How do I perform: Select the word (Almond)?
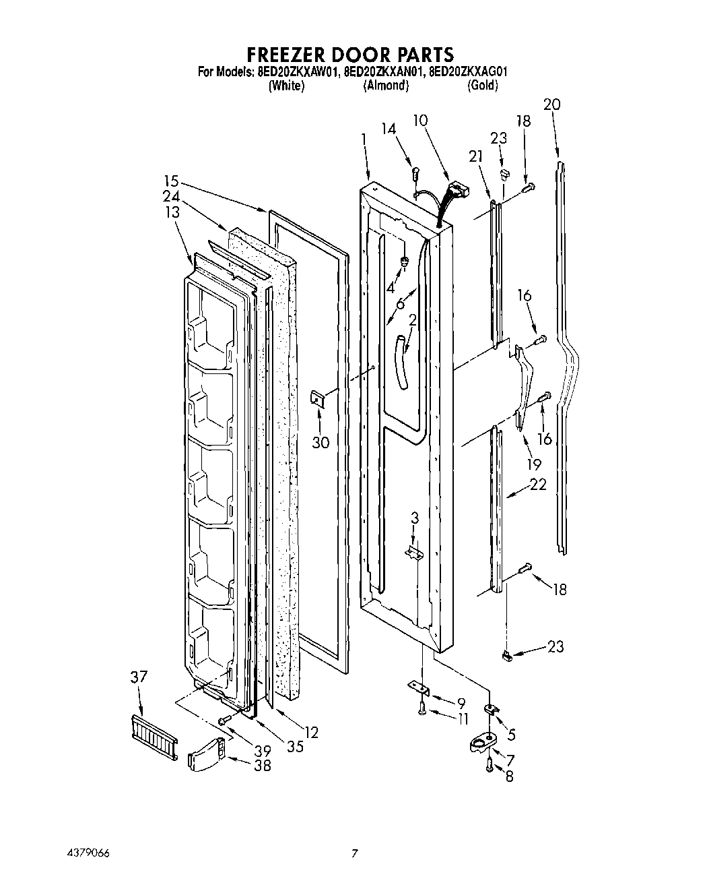click(386, 86)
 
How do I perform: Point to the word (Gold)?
click(482, 86)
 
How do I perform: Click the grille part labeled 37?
click(153, 738)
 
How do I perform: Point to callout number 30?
click(321, 443)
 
